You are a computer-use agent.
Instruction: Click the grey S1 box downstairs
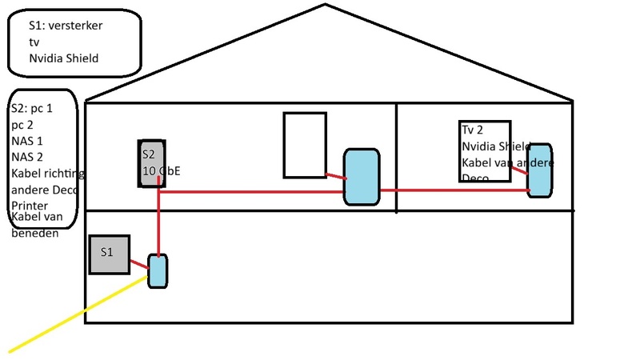[x=109, y=254]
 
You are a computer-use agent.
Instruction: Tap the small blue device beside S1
[x=158, y=271]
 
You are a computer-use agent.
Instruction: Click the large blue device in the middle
[x=361, y=177]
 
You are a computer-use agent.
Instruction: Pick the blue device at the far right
[x=540, y=170]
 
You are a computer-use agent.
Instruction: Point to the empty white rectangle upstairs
[x=305, y=145]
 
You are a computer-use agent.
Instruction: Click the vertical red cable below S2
[x=159, y=224]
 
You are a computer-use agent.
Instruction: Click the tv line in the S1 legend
[x=34, y=42]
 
